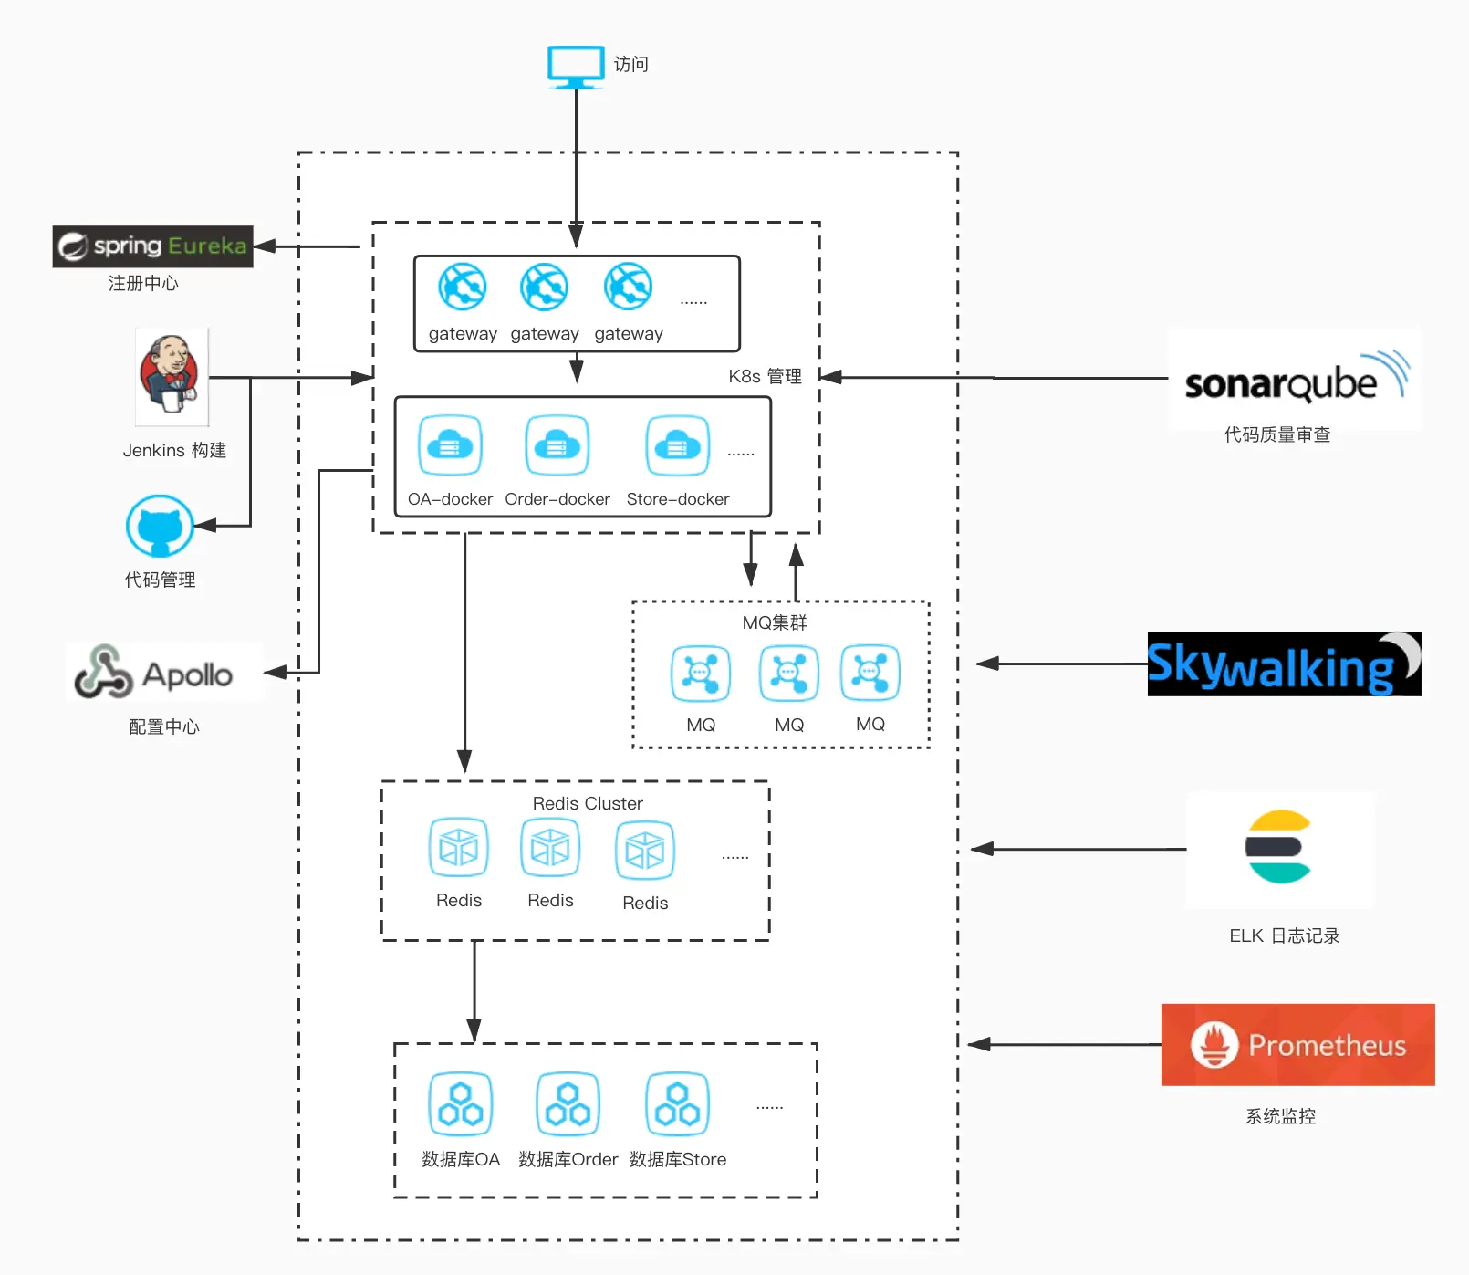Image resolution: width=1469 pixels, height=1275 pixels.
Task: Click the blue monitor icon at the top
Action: tap(576, 66)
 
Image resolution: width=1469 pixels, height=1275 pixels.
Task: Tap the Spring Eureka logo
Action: tap(152, 246)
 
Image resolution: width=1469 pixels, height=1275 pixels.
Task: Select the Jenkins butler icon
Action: tap(172, 376)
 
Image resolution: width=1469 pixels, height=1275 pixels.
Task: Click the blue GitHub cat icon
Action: tap(160, 527)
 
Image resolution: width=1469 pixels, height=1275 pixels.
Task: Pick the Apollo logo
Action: tap(165, 673)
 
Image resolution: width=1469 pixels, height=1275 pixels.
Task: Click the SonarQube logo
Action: tap(1294, 379)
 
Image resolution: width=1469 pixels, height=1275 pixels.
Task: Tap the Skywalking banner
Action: tap(1284, 664)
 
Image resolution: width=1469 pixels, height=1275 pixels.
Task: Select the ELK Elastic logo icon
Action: tap(1279, 847)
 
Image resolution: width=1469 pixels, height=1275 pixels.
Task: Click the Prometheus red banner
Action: tap(1297, 1045)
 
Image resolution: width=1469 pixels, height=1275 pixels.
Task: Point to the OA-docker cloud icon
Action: tap(450, 445)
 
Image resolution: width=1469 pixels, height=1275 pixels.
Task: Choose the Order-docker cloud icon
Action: tap(557, 445)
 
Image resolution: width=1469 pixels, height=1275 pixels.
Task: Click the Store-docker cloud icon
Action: tap(677, 445)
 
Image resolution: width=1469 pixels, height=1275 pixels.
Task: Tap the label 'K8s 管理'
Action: tap(765, 376)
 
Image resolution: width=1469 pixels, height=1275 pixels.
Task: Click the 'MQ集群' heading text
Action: tap(775, 622)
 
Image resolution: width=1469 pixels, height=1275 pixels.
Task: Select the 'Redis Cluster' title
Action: tap(588, 803)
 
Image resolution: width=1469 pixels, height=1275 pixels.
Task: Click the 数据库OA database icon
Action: tap(461, 1103)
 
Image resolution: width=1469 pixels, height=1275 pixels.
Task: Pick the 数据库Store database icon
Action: tap(678, 1103)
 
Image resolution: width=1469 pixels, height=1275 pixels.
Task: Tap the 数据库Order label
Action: tap(568, 1159)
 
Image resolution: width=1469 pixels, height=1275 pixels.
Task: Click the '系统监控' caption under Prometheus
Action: tap(1280, 1116)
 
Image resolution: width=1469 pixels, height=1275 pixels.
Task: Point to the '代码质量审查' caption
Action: tap(1276, 434)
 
